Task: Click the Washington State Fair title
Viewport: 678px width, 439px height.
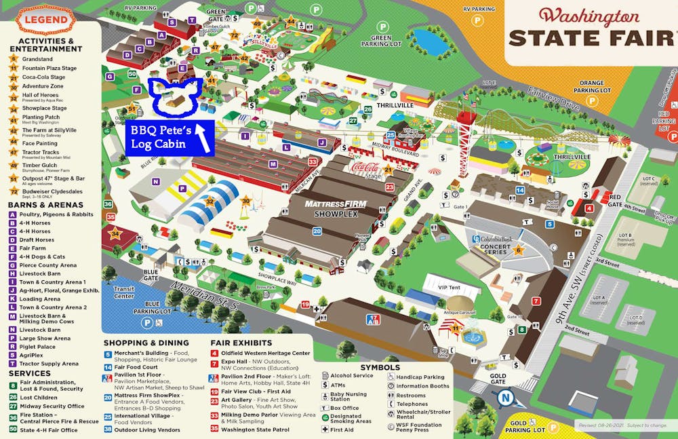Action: tap(591, 28)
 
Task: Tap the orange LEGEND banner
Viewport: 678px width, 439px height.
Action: tap(47, 20)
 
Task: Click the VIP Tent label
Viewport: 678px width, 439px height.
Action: tap(449, 288)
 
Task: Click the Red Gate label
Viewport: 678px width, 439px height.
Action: tap(614, 199)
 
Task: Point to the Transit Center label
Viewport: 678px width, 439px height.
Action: tap(124, 292)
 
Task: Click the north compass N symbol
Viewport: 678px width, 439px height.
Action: tap(503, 398)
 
